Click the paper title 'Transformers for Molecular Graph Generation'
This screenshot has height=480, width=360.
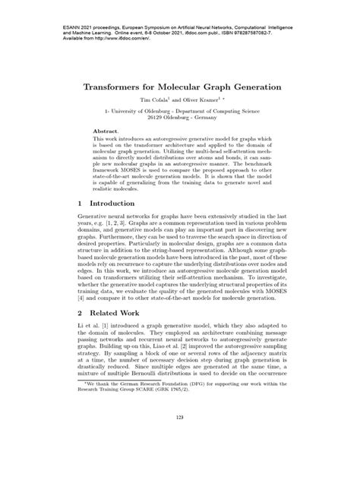click(x=179, y=87)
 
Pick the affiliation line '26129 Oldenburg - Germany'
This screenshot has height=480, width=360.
click(x=180, y=119)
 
